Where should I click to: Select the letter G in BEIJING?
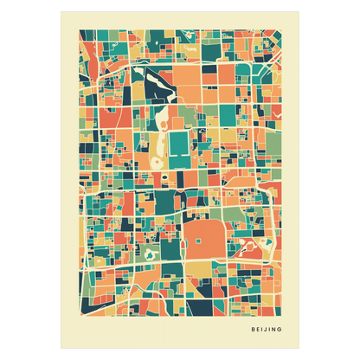(x=281, y=329)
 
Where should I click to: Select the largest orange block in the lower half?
(x=202, y=239)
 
